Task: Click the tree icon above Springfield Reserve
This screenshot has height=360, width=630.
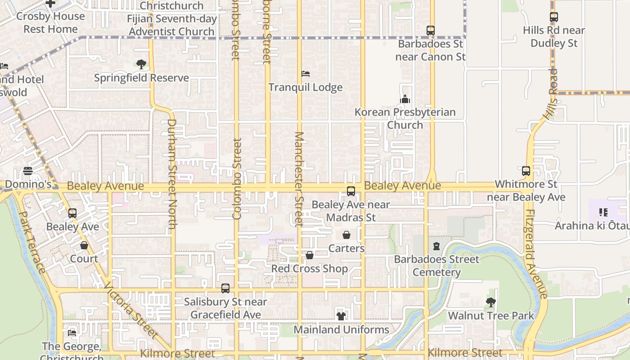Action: coord(141,64)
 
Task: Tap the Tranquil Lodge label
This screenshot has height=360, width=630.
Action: coord(306,87)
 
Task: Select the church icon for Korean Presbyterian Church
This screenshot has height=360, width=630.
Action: coord(405,99)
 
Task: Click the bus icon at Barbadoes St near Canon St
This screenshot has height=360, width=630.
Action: coord(431,31)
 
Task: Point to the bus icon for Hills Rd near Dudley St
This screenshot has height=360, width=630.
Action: coord(554,17)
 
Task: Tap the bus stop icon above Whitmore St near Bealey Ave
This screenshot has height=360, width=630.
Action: coord(526,171)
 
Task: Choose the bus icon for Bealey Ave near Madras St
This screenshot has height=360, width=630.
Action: coord(351,191)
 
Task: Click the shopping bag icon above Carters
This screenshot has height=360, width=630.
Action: coord(346,235)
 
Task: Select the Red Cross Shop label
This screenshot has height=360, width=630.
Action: coord(310,269)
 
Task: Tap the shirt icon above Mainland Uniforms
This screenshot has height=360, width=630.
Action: coord(341,316)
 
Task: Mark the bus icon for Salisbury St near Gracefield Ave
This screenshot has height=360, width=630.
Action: coord(225,288)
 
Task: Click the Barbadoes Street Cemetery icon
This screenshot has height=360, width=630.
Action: coord(436,246)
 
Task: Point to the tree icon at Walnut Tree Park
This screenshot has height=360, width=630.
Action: coord(491,302)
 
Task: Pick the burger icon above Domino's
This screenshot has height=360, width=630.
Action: coord(28,171)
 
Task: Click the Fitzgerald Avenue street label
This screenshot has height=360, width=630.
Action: coord(536,254)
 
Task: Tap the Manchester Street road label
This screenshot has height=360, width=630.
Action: coord(299,179)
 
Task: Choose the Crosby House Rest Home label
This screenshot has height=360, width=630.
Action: coord(50,22)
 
